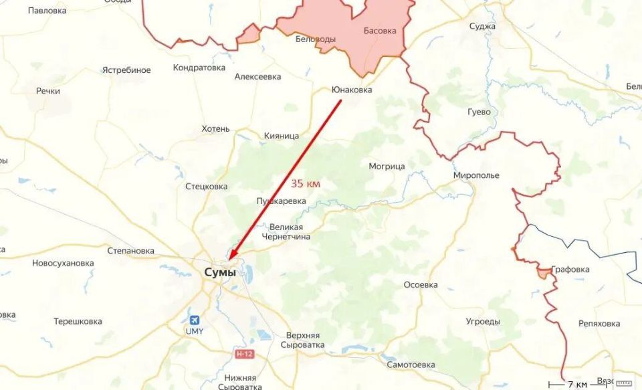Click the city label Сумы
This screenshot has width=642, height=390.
pyautogui.click(x=219, y=273)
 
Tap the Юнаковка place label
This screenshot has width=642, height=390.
pyautogui.click(x=352, y=90)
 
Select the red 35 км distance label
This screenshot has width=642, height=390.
pyautogui.click(x=306, y=183)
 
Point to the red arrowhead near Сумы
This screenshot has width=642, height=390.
pyautogui.click(x=232, y=254)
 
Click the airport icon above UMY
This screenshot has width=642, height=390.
pyautogui.click(x=194, y=320)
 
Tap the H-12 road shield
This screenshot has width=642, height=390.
pyautogui.click(x=244, y=353)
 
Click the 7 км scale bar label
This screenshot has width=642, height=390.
pyautogui.click(x=577, y=384)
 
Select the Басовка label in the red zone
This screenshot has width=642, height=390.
pyautogui.click(x=380, y=31)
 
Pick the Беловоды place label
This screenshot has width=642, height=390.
pyautogui.click(x=316, y=39)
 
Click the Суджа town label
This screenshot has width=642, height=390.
pyautogui.click(x=482, y=26)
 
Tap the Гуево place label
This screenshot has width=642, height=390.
pyautogui.click(x=479, y=112)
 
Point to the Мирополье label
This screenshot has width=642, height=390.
pyautogui.click(x=476, y=175)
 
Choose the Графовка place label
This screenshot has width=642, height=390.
pyautogui.click(x=572, y=270)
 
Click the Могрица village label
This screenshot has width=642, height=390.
pyautogui.click(x=387, y=166)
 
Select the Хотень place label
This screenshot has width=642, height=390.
pyautogui.click(x=215, y=128)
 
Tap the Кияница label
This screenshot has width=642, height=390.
pyautogui.click(x=282, y=136)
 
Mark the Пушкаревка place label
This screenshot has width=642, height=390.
pyautogui.click(x=281, y=201)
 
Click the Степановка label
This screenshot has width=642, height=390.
pyautogui.click(x=130, y=251)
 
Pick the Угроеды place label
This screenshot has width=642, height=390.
pyautogui.click(x=483, y=321)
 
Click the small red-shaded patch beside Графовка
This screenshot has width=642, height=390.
pyautogui.click(x=544, y=272)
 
